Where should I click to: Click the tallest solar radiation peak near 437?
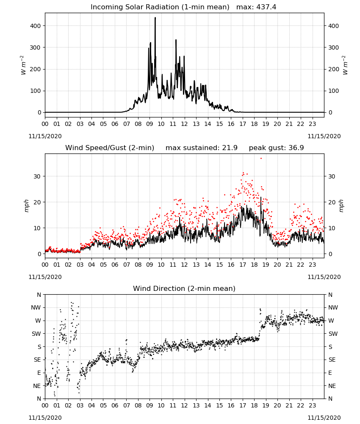tap(155, 18)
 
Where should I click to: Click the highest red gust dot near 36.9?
tap(261, 159)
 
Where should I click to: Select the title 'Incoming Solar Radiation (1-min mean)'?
tap(160, 7)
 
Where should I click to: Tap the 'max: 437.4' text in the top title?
tap(256, 7)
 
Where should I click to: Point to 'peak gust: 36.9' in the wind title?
tap(276, 148)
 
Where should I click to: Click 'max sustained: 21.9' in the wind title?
tap(202, 148)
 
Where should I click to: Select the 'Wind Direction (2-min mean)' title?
tap(184, 288)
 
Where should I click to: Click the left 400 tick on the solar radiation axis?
tap(36, 26)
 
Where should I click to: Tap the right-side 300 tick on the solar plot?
tap(333, 47)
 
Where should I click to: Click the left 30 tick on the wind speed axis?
tap(37, 176)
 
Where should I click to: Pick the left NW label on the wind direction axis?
tap(36, 308)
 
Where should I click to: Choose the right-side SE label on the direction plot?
tap(332, 360)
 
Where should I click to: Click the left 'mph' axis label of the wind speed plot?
tap(26, 206)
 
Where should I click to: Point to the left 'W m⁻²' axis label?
tap(23, 65)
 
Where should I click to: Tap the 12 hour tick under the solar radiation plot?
tap(184, 124)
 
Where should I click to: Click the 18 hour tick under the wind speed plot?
tap(254, 265)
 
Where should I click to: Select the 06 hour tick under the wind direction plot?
tap(115, 406)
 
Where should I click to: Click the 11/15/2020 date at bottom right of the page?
tap(324, 418)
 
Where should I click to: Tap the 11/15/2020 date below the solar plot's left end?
tap(45, 136)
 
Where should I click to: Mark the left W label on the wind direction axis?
tap(38, 321)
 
